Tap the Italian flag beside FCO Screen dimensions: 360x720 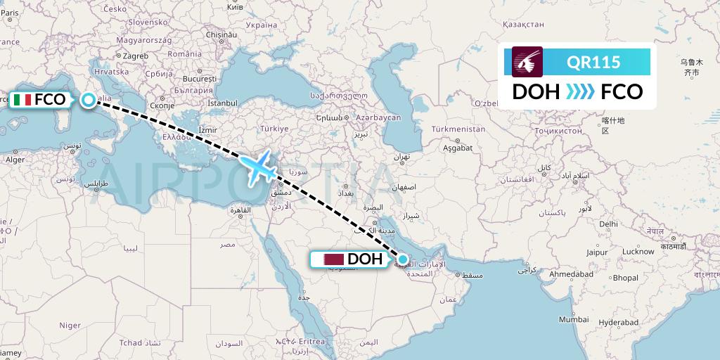click(22, 100)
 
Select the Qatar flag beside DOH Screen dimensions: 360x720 click(333, 259)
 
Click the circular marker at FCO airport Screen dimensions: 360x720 click(88, 100)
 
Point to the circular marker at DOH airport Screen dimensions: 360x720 click(403, 259)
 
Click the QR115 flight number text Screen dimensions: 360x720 click(593, 62)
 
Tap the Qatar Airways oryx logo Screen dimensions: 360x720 click(527, 61)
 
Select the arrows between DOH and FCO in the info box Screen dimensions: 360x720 click(580, 92)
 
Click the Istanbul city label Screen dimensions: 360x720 click(223, 103)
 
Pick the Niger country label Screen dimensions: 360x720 click(70, 325)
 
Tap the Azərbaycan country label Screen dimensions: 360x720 click(378, 117)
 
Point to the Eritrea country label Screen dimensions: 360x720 click(326, 341)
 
